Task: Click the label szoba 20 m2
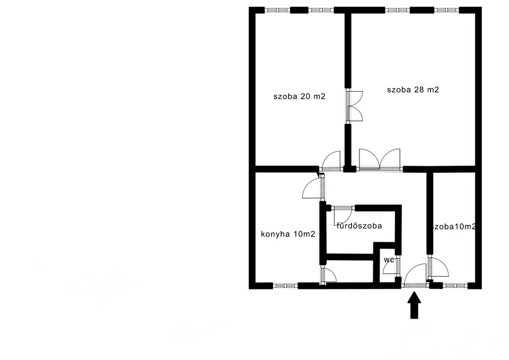[299, 96]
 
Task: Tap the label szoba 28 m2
[413, 90]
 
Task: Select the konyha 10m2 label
[288, 234]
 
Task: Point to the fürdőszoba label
[359, 226]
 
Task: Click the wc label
[389, 260]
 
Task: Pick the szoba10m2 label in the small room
[454, 226]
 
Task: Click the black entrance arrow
[414, 305]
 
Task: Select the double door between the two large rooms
[354, 106]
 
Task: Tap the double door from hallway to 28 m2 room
[380, 160]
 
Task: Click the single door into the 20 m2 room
[331, 161]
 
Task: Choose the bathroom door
[343, 214]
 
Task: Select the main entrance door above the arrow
[414, 275]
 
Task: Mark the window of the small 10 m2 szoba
[455, 286]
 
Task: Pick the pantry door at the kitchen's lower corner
[328, 275]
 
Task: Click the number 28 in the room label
[419, 90]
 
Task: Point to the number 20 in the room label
[305, 96]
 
